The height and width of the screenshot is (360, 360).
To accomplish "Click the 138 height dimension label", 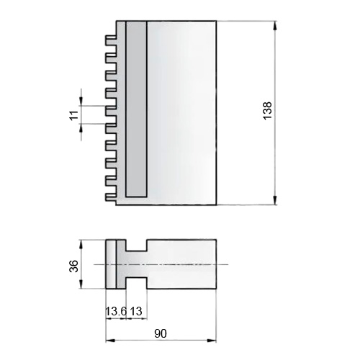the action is click(267, 111).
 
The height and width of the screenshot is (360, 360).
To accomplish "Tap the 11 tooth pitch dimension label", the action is click(75, 115).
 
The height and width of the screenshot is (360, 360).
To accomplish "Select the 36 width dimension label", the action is click(74, 266).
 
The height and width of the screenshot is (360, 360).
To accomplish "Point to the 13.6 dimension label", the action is click(116, 311).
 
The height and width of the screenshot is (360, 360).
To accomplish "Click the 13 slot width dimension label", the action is click(136, 311).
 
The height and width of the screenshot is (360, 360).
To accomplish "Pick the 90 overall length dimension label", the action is click(161, 333).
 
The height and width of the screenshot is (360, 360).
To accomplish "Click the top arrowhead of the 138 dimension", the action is click(275, 26).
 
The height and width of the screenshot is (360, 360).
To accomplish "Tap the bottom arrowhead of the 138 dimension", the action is click(275, 200).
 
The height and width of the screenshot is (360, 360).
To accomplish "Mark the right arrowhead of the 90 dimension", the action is click(212, 341).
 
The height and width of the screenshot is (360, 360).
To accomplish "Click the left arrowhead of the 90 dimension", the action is click(111, 341).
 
